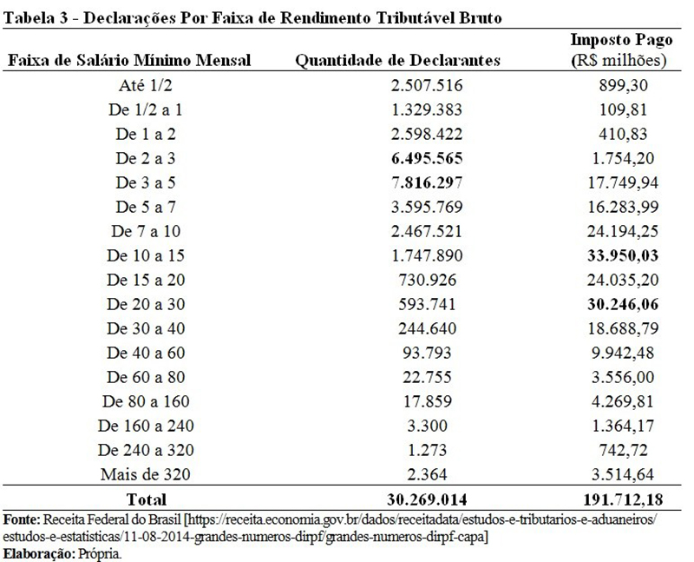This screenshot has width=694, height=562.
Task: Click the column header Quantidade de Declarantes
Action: [397, 60]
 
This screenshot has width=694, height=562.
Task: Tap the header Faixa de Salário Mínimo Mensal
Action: [129, 60]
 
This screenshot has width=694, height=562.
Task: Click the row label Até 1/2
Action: [145, 85]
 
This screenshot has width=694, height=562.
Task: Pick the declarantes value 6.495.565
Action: [427, 158]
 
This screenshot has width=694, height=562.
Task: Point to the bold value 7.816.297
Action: [427, 182]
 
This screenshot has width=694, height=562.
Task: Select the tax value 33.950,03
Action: [623, 255]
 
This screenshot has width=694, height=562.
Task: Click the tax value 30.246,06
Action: [623, 305]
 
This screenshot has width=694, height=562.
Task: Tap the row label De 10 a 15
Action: [145, 255]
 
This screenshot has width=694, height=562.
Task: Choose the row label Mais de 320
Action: [145, 474]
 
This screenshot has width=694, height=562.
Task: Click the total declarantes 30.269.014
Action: [427, 500]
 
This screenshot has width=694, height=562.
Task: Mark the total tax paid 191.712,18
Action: [623, 500]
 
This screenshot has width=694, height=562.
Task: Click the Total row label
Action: [146, 500]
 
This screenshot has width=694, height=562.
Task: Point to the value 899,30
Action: [623, 85]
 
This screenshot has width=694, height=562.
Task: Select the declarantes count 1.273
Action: [427, 450]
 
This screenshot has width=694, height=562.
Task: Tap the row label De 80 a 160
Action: [146, 401]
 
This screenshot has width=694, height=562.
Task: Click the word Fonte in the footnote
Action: [22, 519]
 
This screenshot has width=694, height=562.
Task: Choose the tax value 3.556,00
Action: [623, 377]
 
